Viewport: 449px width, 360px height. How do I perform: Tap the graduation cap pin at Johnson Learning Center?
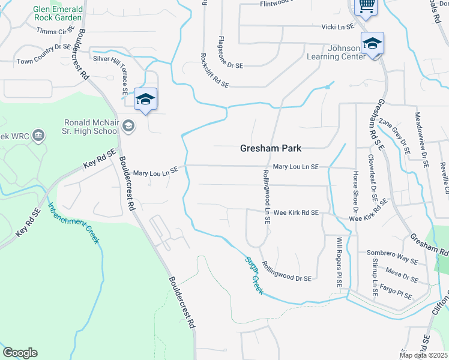[372, 44]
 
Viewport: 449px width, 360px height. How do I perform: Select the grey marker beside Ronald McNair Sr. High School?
[128, 125]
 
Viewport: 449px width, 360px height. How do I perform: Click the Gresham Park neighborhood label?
[271, 148]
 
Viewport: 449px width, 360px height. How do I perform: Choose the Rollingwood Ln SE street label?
[266, 196]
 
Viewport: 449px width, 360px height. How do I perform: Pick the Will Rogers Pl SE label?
[339, 262]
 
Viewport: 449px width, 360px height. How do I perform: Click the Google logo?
[20, 353]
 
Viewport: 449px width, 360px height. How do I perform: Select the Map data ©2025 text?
[423, 355]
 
